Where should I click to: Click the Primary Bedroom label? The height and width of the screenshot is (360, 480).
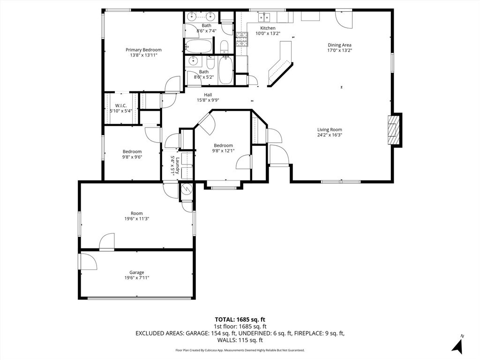[143, 50]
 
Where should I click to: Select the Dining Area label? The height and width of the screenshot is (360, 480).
[339, 45]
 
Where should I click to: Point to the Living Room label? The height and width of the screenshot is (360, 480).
[330, 130]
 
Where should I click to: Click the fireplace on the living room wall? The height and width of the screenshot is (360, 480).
[394, 130]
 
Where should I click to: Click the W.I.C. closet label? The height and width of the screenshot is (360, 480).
[120, 105]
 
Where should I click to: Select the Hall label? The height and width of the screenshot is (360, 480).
[208, 95]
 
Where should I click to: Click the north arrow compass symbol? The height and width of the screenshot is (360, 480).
[458, 345]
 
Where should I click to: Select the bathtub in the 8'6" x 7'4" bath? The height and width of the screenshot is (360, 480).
[198, 46]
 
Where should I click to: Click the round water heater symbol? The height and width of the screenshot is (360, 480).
[186, 190]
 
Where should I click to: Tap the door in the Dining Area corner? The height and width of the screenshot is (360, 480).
[344, 18]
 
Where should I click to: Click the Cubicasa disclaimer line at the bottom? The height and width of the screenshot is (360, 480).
[240, 350]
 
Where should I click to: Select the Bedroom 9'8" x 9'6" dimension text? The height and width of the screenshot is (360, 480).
[132, 157]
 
